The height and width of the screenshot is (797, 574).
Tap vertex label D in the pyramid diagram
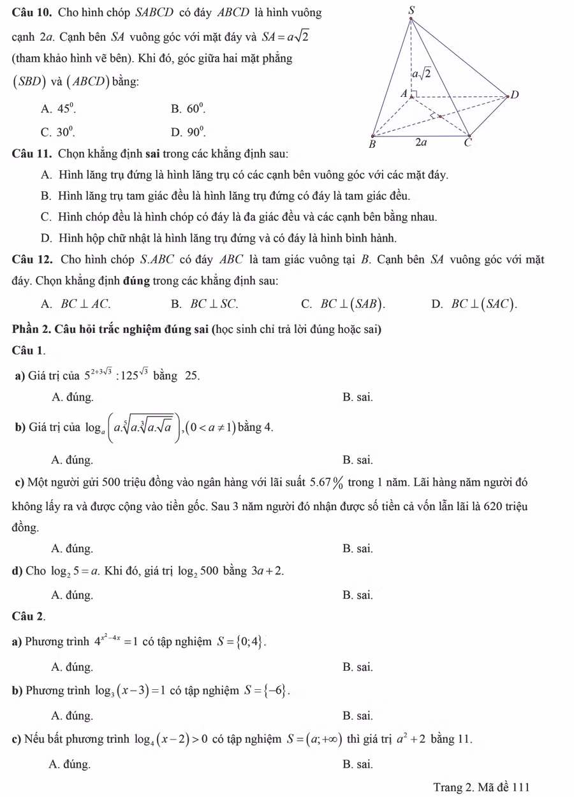(x=515, y=95)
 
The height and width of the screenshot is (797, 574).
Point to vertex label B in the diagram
(x=374, y=144)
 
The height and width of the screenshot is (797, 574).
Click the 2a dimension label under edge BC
(x=421, y=143)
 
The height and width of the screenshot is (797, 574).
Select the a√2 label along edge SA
(x=421, y=74)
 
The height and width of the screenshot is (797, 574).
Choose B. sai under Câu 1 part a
(x=357, y=397)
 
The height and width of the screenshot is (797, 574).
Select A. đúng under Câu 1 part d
(x=71, y=595)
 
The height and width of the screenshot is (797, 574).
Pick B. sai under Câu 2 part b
(x=357, y=715)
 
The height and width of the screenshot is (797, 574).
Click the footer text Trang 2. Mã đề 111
(x=481, y=787)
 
